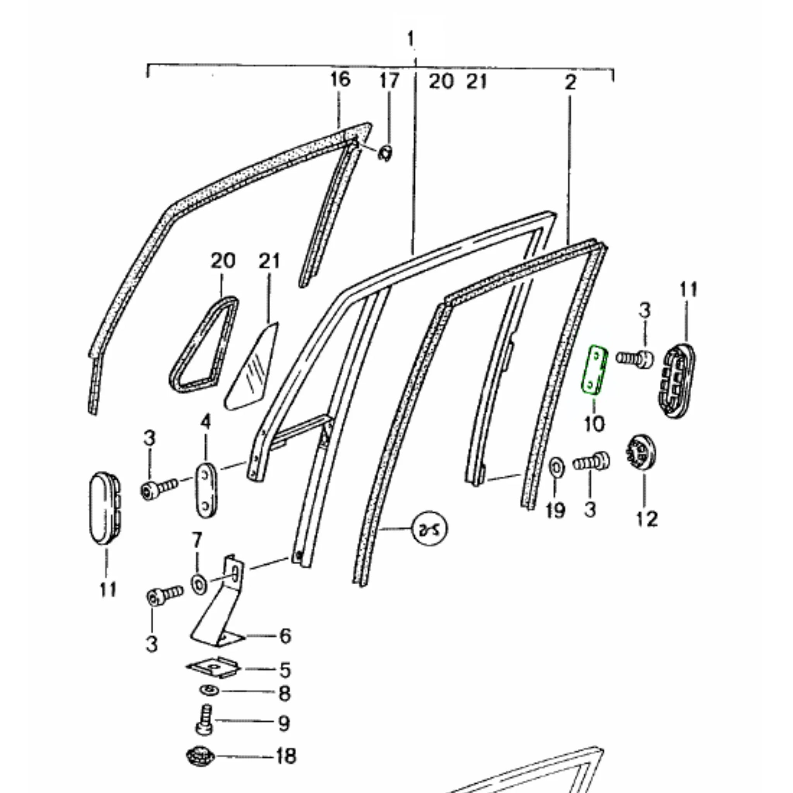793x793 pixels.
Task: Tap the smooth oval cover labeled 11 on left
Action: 105,508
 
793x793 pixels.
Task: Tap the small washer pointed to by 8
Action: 210,690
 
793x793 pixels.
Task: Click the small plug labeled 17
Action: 385,153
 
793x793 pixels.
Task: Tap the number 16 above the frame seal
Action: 340,79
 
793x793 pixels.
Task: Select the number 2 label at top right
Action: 570,82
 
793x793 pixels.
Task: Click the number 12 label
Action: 647,519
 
